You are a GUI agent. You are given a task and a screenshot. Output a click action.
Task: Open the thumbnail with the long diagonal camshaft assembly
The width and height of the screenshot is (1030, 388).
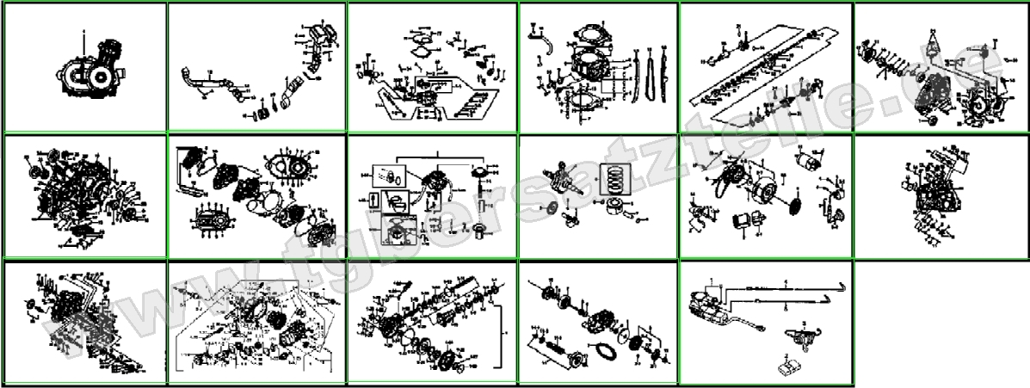tap(765, 67)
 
